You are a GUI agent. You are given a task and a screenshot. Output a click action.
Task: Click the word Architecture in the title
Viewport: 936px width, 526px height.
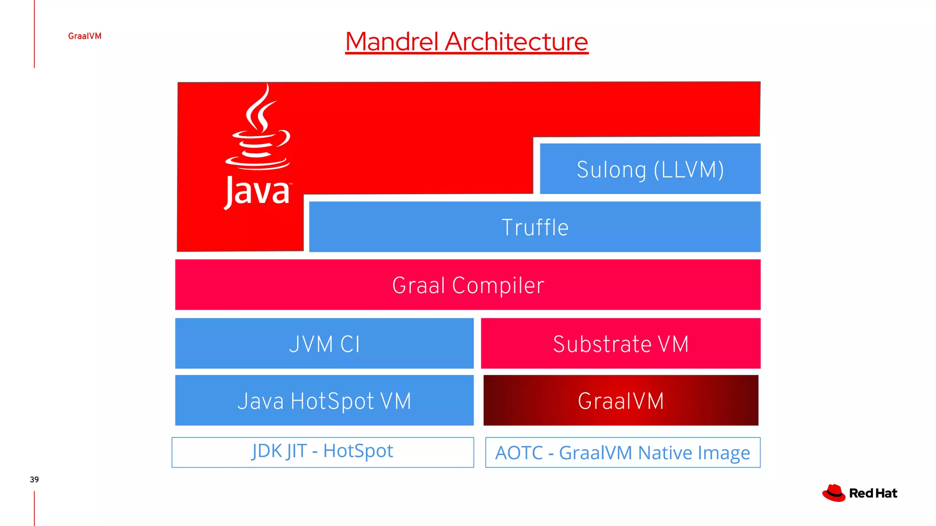(x=516, y=42)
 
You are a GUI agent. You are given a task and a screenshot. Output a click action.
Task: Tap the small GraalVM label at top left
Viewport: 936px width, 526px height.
(x=85, y=36)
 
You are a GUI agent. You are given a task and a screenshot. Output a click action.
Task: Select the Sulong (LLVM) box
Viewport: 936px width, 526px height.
(x=650, y=169)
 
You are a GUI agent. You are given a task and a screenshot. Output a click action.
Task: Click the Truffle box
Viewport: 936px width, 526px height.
(x=535, y=227)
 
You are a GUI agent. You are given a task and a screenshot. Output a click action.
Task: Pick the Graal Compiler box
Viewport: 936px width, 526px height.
(x=468, y=285)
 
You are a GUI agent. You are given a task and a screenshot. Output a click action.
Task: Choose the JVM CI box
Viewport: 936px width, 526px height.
(x=324, y=343)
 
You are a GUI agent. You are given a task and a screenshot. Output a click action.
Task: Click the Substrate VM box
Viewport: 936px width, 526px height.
(x=620, y=343)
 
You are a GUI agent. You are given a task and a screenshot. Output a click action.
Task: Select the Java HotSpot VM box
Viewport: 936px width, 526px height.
(x=324, y=400)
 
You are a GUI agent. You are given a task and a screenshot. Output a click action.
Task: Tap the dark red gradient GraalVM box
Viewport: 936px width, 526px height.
(x=620, y=400)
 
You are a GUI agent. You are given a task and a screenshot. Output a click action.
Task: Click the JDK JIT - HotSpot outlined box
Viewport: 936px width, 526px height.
(x=322, y=452)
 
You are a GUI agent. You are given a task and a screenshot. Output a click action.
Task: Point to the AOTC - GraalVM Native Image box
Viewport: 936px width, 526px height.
(x=622, y=452)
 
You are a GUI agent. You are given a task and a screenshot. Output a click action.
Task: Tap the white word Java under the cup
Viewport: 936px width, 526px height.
(x=257, y=192)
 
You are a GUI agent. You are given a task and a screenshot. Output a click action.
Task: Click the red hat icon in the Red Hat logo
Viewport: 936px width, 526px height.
(x=834, y=493)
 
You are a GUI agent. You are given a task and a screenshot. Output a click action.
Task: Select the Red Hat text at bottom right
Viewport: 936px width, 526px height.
(x=873, y=494)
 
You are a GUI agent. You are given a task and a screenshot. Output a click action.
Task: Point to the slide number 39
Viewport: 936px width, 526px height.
(x=34, y=479)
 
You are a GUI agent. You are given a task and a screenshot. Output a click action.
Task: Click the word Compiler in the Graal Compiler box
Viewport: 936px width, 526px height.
(x=498, y=285)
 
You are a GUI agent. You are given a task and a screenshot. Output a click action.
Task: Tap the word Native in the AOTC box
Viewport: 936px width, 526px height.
(x=665, y=453)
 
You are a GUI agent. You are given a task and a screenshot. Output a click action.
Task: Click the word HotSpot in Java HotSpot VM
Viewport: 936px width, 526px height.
(x=332, y=401)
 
